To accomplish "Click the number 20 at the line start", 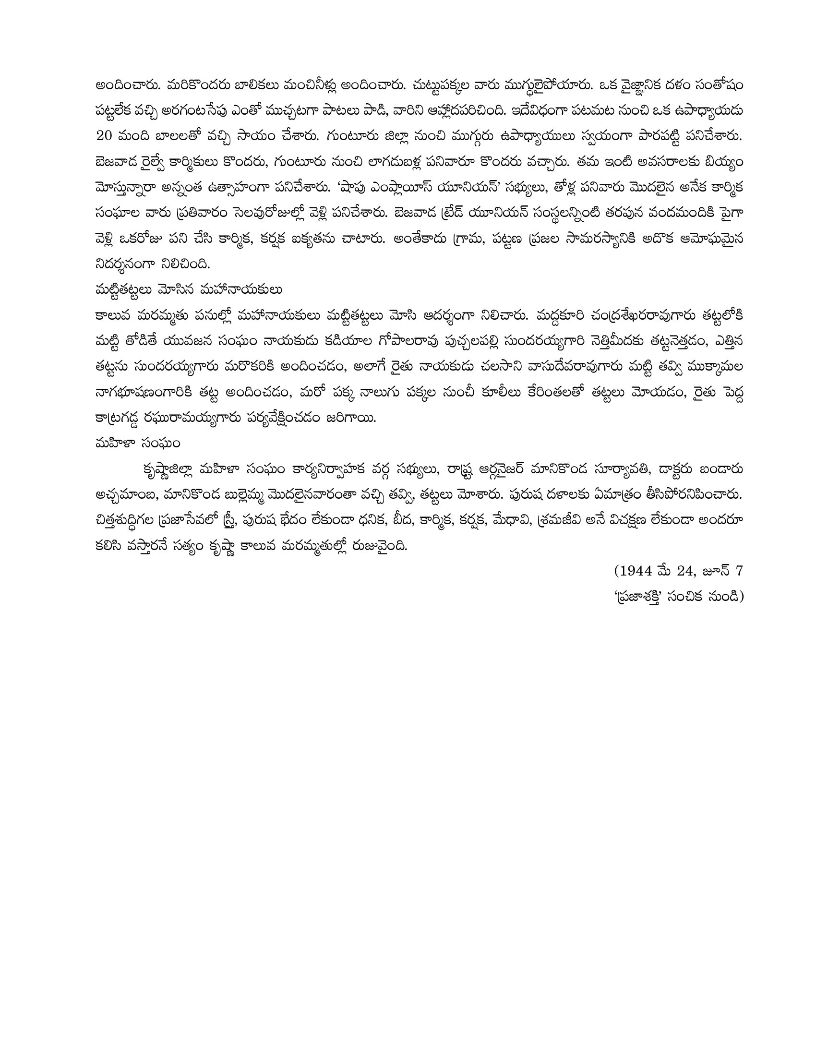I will [x=104, y=136].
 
